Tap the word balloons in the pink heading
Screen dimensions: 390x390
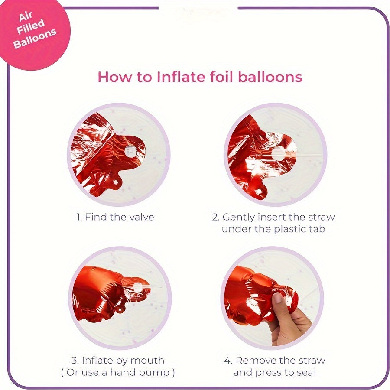tap(270, 77)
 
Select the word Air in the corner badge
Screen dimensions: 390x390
tap(26, 16)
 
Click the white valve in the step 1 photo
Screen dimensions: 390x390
tap(130, 151)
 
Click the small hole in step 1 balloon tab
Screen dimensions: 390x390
tap(115, 182)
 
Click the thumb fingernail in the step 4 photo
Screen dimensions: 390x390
tap(278, 298)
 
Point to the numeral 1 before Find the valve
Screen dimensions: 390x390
tap(78, 217)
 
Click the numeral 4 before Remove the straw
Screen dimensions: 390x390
tap(227, 361)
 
